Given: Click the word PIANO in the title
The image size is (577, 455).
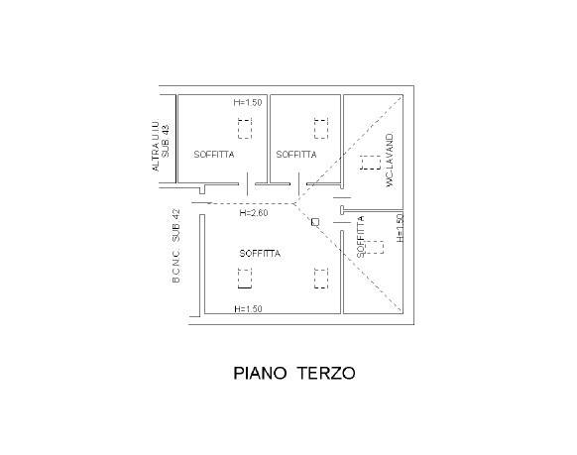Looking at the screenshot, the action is coord(260,373).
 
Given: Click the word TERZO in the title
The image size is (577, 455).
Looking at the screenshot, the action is coord(326,373).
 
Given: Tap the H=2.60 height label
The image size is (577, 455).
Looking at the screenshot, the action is coord(254,213).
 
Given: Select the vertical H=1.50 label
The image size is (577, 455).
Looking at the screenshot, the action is coord(400,228).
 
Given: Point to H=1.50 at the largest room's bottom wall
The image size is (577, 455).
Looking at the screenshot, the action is coord(249,309).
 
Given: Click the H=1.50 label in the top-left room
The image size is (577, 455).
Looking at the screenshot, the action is coord(248,103).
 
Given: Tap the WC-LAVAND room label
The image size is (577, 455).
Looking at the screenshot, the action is coord(390,161).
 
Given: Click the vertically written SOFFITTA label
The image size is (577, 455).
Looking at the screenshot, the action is coord(361,237).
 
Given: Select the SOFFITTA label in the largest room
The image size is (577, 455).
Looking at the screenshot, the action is coord(260,254).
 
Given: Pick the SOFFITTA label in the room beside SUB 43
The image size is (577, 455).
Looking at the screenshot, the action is coord(214,155).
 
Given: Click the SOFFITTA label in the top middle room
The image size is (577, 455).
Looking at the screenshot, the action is coord(296,155).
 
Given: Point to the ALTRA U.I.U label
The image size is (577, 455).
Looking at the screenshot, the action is coord(156,146).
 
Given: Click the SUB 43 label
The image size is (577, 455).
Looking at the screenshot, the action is coord(166,141).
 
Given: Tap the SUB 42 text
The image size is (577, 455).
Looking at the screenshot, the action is coord(176,225).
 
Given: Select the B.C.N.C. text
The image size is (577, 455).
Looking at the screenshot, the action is coord(176,265).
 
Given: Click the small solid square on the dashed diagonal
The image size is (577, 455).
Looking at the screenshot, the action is coord(315,222).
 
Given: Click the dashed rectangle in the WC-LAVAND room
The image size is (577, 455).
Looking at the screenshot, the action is coord(370,163).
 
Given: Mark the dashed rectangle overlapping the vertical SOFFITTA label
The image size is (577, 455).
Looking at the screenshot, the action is coord(373,247).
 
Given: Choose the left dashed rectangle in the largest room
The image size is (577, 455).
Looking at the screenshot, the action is coord(245,279).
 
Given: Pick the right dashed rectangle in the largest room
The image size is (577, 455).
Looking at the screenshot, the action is coord(321,279).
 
